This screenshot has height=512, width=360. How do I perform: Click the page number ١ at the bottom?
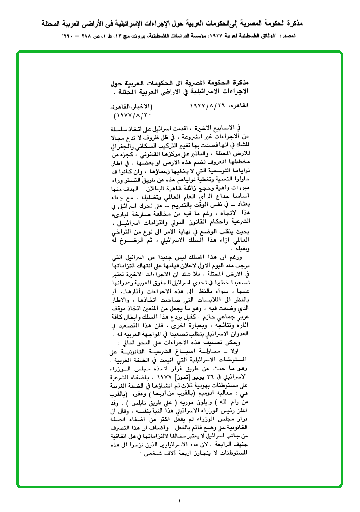pos(180,501)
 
